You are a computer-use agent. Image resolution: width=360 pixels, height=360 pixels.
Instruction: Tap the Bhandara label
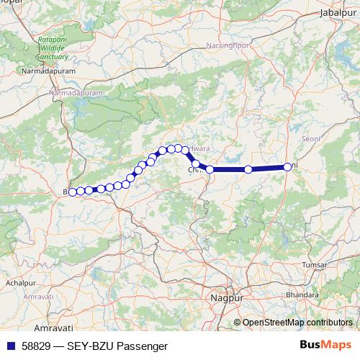tap(302, 294)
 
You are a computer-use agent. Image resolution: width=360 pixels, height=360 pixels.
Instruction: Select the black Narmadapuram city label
tap(45, 73)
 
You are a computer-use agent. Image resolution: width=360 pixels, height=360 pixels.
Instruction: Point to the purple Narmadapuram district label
tap(71, 93)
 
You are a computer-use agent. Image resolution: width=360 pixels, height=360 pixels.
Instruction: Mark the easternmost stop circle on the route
tap(287, 167)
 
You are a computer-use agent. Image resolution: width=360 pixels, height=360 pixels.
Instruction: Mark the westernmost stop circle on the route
tap(72, 192)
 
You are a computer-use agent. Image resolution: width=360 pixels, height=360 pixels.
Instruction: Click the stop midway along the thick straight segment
tap(248, 169)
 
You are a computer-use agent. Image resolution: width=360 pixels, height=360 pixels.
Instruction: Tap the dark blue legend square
tap(10, 346)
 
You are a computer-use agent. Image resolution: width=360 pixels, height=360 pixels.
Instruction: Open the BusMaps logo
tap(329, 346)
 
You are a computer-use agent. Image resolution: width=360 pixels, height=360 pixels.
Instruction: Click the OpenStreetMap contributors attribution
tap(298, 322)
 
